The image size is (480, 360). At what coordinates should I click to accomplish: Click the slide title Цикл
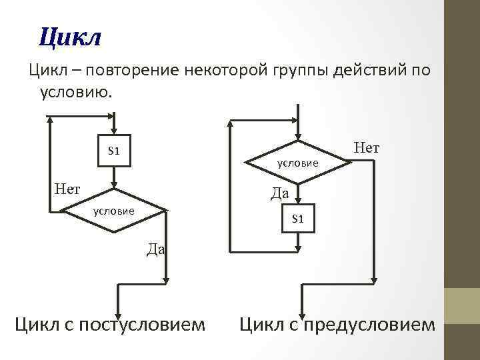point(69,37)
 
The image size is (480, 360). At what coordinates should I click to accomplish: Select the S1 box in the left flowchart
point(113,151)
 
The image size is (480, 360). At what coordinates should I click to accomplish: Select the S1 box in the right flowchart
point(297,219)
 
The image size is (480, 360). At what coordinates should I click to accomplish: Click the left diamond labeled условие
point(114,211)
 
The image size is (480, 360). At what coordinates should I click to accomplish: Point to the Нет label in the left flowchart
point(67,189)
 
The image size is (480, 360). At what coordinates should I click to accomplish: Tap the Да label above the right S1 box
point(279,194)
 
